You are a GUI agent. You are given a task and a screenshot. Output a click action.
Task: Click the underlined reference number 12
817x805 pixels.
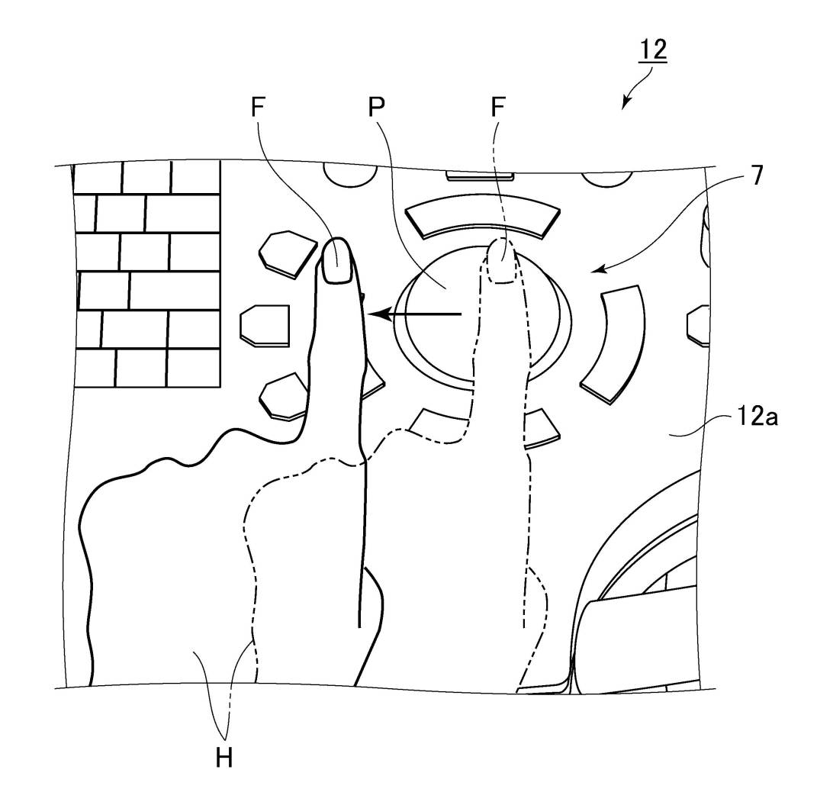(x=654, y=49)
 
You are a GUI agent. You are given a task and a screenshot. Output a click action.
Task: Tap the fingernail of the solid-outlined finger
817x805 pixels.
(x=336, y=262)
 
